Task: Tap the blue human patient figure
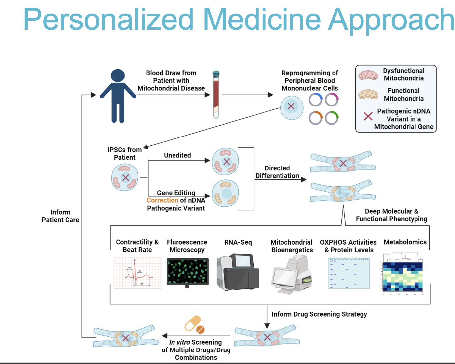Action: [x=118, y=96]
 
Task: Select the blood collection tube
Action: [x=216, y=95]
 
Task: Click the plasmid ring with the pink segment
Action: [x=332, y=100]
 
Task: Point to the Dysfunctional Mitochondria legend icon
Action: [x=368, y=75]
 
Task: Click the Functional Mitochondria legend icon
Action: [x=368, y=95]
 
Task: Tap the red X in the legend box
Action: [x=368, y=116]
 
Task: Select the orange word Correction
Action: [x=162, y=200]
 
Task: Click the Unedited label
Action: [x=177, y=155]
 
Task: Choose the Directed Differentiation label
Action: [x=277, y=172]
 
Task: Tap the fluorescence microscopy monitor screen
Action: [x=188, y=271]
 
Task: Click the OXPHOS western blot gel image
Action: [x=349, y=273]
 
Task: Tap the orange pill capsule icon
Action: [x=194, y=324]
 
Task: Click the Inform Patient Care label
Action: [x=60, y=216]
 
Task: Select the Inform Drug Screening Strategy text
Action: [x=319, y=314]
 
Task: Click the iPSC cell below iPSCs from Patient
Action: [x=125, y=178]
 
